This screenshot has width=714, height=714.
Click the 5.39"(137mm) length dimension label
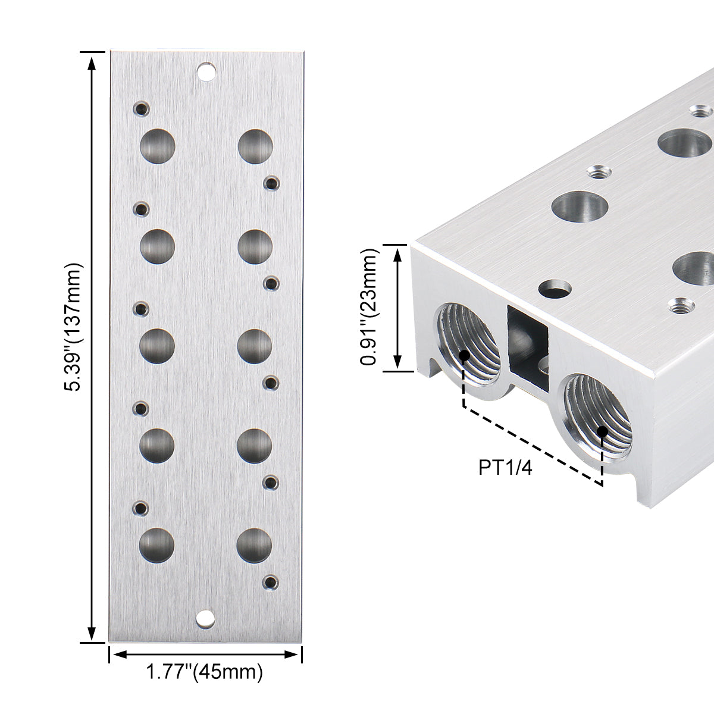pos(72,327)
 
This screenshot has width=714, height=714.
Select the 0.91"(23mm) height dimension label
pos(369,307)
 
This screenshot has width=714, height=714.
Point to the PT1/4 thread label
pos(505,468)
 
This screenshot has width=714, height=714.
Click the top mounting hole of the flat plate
pos(206,71)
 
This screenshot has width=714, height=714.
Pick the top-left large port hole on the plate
pos(158,146)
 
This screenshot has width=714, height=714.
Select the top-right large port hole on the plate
pos(255,146)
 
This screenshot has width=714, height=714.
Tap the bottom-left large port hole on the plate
pos(156,546)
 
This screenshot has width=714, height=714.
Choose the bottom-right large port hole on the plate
pos(254,546)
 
